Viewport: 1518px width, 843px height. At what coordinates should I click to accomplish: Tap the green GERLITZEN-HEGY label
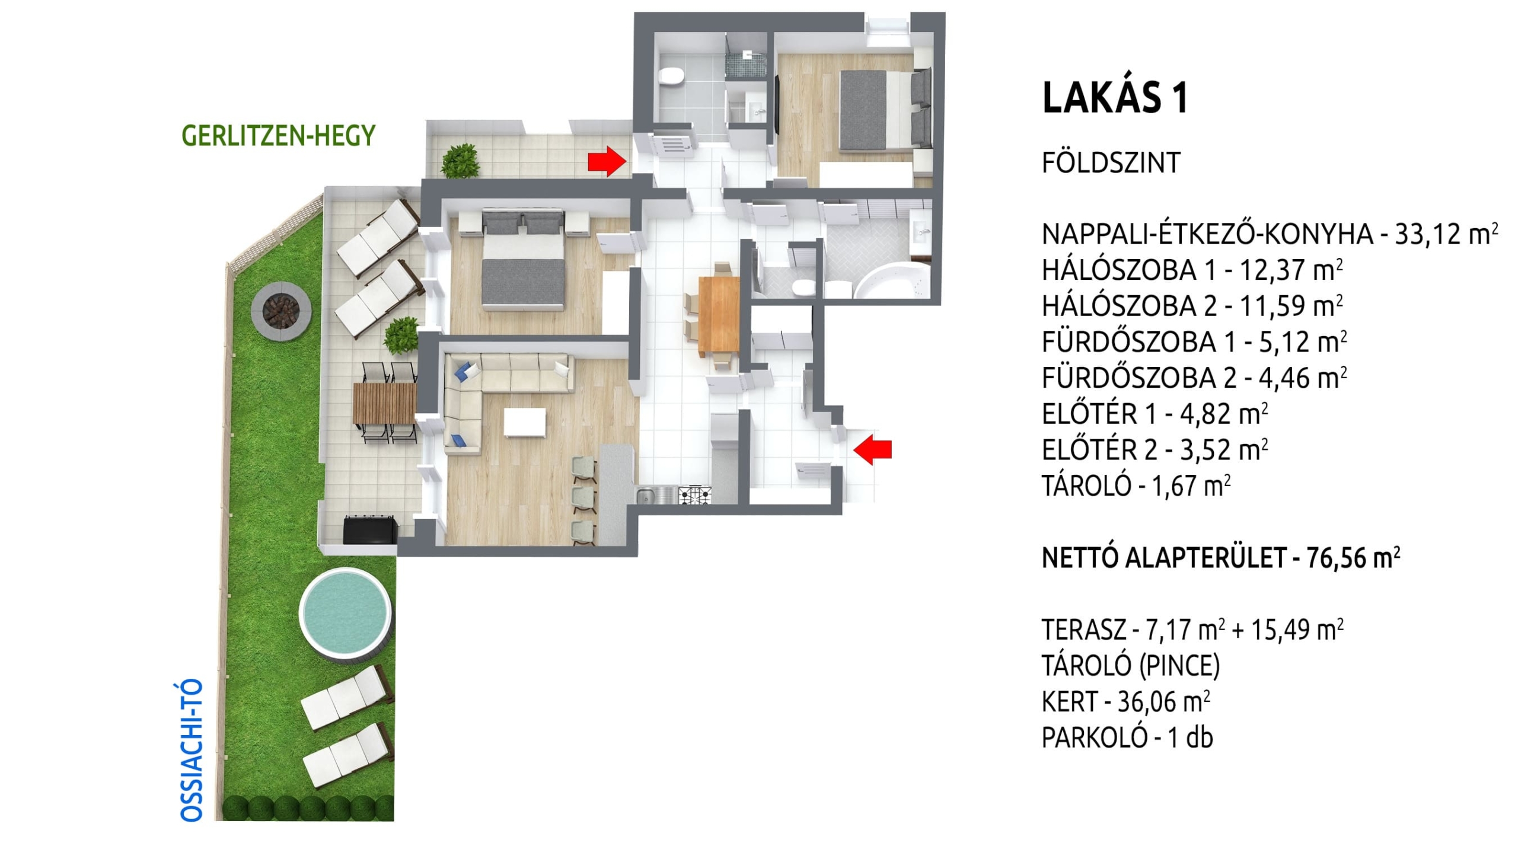pyautogui.click(x=278, y=136)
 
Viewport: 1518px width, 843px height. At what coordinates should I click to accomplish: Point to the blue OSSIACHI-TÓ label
pyautogui.click(x=192, y=751)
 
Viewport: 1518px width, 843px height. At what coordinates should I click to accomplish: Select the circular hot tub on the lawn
pyautogui.click(x=345, y=611)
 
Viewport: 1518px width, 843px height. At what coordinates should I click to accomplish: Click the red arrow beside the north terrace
pyautogui.click(x=607, y=161)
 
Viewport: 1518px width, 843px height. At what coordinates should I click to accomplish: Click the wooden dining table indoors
pyautogui.click(x=719, y=314)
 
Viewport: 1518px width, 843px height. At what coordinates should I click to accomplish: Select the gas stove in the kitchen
pyautogui.click(x=694, y=494)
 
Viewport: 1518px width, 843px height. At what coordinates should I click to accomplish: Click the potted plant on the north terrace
pyautogui.click(x=460, y=160)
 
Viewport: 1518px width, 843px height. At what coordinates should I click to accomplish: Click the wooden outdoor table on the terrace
pyautogui.click(x=384, y=403)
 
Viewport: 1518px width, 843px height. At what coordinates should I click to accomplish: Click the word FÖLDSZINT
pyautogui.click(x=1111, y=162)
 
